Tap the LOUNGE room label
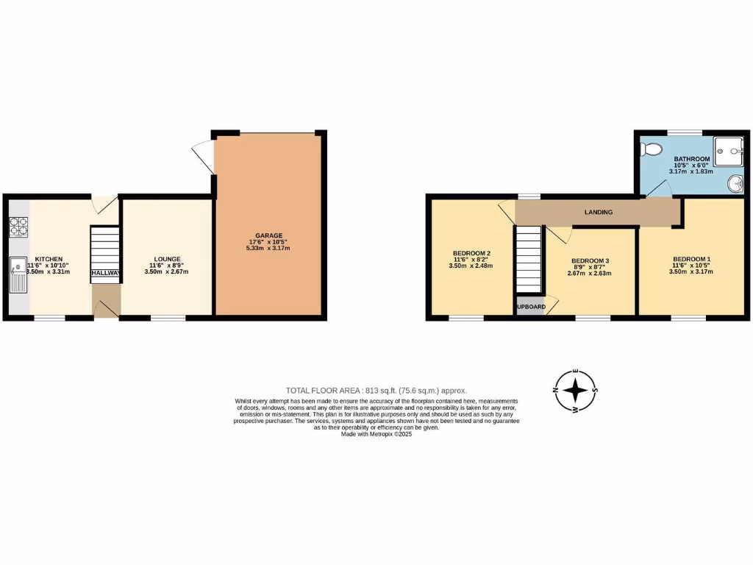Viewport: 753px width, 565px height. (168, 259)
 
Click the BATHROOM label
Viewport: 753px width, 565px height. (692, 160)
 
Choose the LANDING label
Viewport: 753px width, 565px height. (599, 213)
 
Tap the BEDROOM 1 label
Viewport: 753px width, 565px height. (691, 259)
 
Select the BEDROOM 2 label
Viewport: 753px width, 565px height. (471, 253)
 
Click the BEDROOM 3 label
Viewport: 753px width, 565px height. (590, 260)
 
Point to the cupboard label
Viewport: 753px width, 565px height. (529, 307)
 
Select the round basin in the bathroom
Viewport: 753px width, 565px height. (735, 182)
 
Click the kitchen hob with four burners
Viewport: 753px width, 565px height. (18, 227)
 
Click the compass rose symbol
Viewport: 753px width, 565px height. (578, 391)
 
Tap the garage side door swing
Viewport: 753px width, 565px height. (203, 157)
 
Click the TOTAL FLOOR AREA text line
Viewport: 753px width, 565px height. (376, 391)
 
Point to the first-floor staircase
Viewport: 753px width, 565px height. (527, 259)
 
